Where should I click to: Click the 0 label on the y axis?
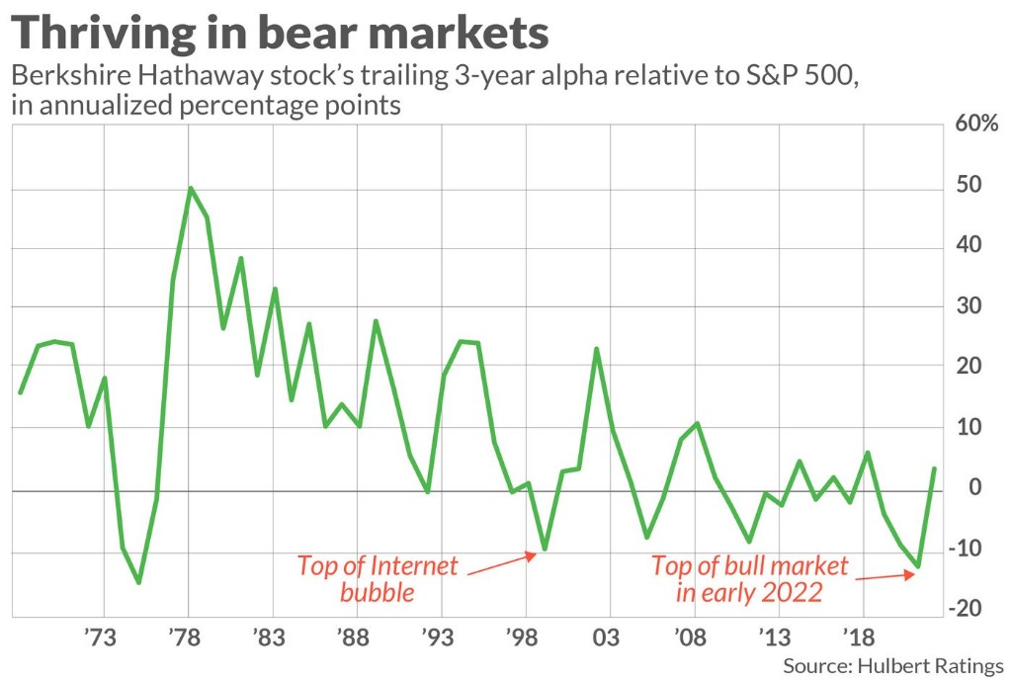[973, 488]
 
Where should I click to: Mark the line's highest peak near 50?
[190, 188]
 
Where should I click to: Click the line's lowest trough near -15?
[139, 582]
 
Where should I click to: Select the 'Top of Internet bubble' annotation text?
[379, 579]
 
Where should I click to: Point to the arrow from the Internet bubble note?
[500, 563]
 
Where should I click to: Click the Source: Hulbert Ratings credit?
[892, 665]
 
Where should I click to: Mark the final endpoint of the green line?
[934, 468]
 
